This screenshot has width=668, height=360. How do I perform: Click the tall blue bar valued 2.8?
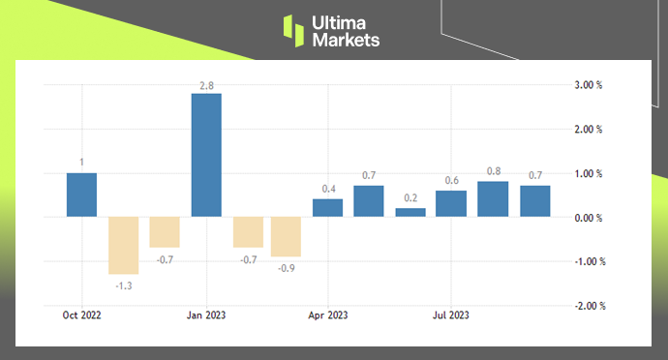pyautogui.click(x=206, y=155)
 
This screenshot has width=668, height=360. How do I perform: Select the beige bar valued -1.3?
pyautogui.click(x=123, y=246)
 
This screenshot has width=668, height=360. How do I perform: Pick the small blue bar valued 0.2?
pyautogui.click(x=410, y=212)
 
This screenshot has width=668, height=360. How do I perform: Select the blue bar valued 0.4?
pyautogui.click(x=328, y=207)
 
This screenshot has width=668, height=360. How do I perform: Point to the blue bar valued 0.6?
pyautogui.click(x=451, y=203)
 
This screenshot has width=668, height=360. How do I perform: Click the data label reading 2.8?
pyautogui.click(x=206, y=86)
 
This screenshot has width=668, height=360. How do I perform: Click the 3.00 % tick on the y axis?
pyautogui.click(x=588, y=85)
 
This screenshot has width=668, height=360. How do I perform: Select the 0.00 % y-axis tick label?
pyautogui.click(x=588, y=218)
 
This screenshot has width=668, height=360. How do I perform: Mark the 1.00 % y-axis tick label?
pyautogui.click(x=588, y=174)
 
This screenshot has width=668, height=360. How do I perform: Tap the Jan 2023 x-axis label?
pyautogui.click(x=207, y=315)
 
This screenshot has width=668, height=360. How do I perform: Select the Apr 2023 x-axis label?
pyautogui.click(x=328, y=315)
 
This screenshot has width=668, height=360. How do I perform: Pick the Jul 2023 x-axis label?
pyautogui.click(x=451, y=315)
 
